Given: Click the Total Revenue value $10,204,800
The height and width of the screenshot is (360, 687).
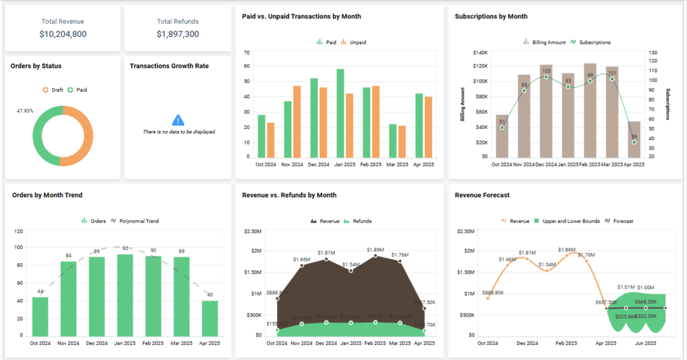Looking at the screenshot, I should [x=63, y=34].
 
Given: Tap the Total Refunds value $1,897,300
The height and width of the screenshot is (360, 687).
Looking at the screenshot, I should [x=178, y=34].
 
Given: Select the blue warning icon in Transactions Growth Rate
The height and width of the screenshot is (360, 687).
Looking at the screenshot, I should [x=178, y=120].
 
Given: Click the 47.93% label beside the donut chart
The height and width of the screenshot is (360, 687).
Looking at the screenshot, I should [x=25, y=111].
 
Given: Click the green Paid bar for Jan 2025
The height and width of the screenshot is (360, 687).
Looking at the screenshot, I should [x=340, y=113].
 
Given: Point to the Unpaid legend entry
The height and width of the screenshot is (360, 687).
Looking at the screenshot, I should [x=353, y=42].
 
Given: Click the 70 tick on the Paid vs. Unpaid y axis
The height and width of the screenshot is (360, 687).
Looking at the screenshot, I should [x=247, y=53].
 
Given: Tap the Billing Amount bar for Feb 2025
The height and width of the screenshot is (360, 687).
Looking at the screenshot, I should [x=590, y=110].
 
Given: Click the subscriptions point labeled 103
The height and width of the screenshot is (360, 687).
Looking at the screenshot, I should [x=546, y=77].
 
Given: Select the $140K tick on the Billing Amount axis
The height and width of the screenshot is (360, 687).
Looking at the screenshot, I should [x=481, y=53].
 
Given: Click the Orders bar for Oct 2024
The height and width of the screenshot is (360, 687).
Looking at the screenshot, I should [x=40, y=316].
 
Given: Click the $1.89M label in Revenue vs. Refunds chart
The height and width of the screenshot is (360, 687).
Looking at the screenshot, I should [x=375, y=250].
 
